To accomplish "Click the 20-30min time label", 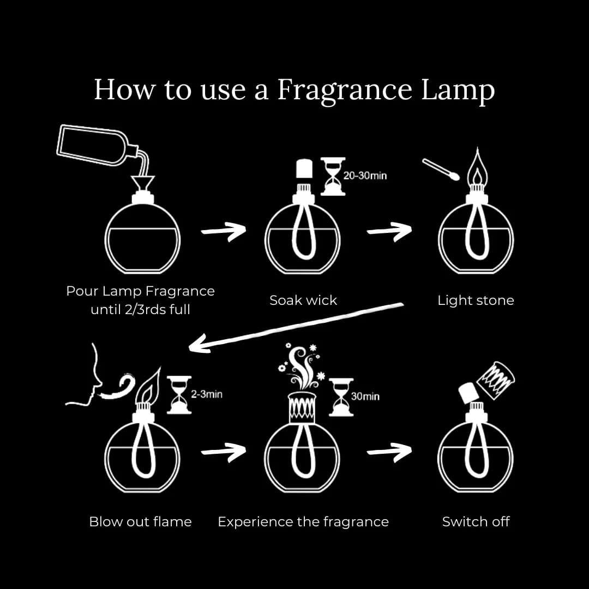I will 365,176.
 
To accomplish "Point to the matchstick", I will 441,170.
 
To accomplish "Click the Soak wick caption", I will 303,300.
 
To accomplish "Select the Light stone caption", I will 476,300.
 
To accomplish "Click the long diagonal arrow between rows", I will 294,326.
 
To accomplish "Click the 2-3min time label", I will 206,394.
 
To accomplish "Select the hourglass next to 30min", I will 341,396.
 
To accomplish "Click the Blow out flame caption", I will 140,521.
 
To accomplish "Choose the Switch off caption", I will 476,521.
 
